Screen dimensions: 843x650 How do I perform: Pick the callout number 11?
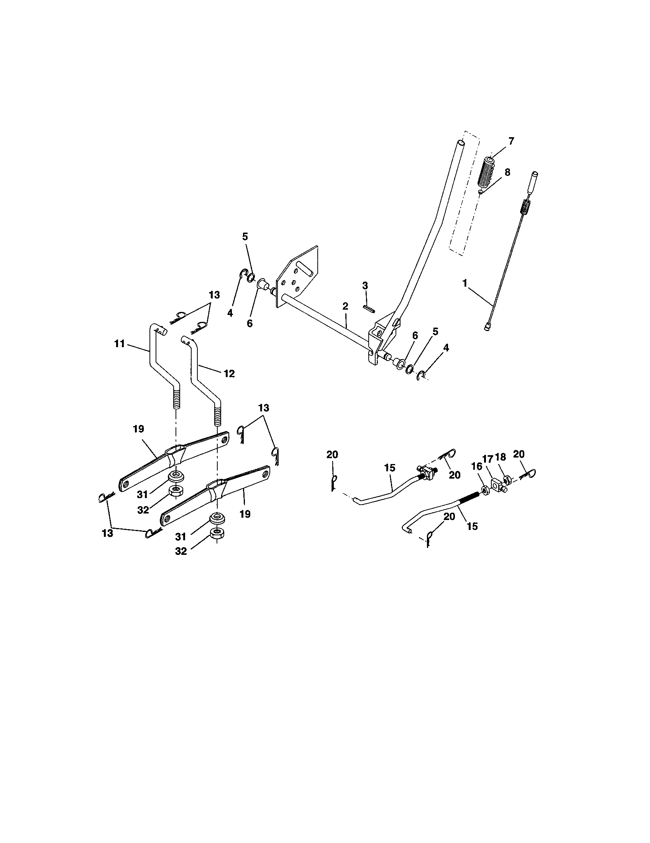(x=120, y=343)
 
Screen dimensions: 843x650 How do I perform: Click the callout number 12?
(x=229, y=373)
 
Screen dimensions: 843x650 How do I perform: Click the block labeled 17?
(x=497, y=483)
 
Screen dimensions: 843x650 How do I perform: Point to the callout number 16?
(x=477, y=466)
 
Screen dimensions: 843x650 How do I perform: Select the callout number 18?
(x=500, y=457)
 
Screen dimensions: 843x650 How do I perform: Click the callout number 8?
(x=507, y=172)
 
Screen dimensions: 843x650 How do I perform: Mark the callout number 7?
(x=511, y=141)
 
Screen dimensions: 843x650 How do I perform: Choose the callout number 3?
(x=365, y=285)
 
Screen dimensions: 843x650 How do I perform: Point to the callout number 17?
(x=487, y=459)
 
